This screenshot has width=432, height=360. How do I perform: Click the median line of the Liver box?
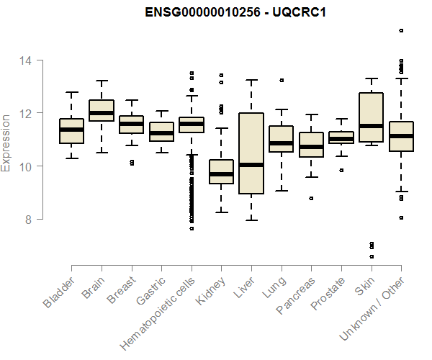click(x=251, y=165)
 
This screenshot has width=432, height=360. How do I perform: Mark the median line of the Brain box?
click(x=102, y=113)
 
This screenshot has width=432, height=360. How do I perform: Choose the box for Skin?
click(x=372, y=117)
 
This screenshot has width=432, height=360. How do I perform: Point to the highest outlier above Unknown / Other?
click(x=402, y=30)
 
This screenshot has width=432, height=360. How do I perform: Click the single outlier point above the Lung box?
click(x=282, y=80)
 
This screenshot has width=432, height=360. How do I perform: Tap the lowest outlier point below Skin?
click(x=372, y=256)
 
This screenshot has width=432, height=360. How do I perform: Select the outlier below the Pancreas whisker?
click(x=312, y=198)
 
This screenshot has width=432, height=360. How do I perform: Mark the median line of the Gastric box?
click(x=161, y=133)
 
